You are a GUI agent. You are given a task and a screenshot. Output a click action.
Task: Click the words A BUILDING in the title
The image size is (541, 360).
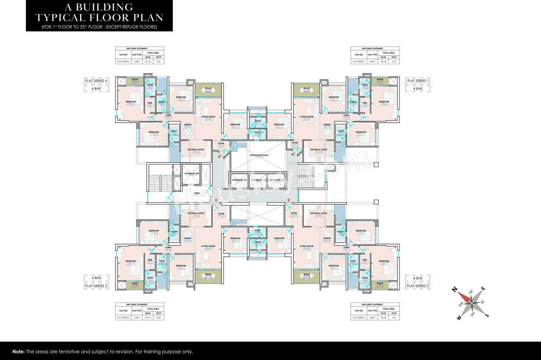(x=99, y=7)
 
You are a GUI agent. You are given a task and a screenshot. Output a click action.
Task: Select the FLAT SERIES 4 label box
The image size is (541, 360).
(x=97, y=81)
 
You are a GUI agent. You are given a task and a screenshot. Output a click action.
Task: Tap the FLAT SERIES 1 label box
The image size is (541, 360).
(x=418, y=81)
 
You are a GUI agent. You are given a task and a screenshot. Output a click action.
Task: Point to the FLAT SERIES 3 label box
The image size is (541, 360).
(x=97, y=286)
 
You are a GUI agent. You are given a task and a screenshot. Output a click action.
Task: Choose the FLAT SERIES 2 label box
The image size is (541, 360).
(x=418, y=286)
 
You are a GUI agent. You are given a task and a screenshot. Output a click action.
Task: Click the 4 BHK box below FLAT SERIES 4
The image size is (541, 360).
(x=97, y=89)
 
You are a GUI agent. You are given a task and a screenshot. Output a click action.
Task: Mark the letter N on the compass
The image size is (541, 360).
(x=455, y=290)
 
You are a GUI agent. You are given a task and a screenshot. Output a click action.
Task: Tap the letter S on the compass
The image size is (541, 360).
(x=487, y=315)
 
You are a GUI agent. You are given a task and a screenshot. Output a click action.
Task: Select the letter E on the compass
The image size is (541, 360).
(x=484, y=289)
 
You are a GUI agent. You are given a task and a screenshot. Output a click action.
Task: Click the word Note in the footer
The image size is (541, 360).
(x=18, y=352)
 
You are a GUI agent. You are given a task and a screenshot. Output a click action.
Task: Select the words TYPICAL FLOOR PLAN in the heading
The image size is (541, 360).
(x=99, y=18)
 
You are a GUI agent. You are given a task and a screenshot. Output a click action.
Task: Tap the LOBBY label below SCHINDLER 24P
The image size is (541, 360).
(x=197, y=193)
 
